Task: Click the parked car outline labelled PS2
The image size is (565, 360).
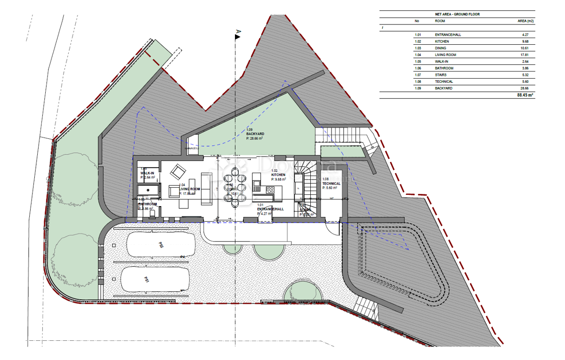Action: (x=161, y=245)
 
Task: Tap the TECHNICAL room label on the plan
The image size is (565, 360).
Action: (x=331, y=184)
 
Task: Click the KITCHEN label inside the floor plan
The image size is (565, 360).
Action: (x=279, y=175)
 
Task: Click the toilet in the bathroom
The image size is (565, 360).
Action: (x=152, y=214)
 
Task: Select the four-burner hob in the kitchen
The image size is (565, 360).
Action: (x=270, y=190)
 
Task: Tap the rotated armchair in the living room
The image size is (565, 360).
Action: (x=178, y=170)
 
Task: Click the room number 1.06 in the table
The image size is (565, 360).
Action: (x=417, y=68)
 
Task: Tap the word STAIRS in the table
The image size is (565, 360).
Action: (x=441, y=75)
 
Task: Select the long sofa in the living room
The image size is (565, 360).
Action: (x=206, y=188)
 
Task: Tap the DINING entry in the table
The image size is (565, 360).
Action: (x=441, y=48)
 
